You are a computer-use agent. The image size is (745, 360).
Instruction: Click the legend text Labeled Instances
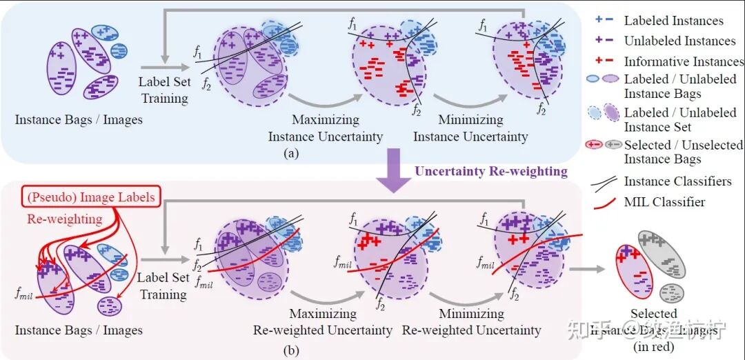[x=673, y=21]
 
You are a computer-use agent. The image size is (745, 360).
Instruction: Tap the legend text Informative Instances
[x=684, y=62]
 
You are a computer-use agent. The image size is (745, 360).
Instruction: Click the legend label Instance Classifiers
[x=677, y=181]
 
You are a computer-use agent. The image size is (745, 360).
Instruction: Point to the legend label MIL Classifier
[x=664, y=202]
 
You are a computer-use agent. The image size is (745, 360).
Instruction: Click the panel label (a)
[x=291, y=154]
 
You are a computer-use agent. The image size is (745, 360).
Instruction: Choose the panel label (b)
[x=291, y=351]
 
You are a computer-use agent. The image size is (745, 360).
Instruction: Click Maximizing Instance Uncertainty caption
[x=325, y=128]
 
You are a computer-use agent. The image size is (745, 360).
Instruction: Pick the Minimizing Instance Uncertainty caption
[x=470, y=128]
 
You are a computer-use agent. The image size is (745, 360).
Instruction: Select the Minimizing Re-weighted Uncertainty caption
[x=470, y=322]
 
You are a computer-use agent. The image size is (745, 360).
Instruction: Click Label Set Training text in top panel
[x=164, y=90]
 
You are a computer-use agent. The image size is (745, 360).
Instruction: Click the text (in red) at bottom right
[x=653, y=347]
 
